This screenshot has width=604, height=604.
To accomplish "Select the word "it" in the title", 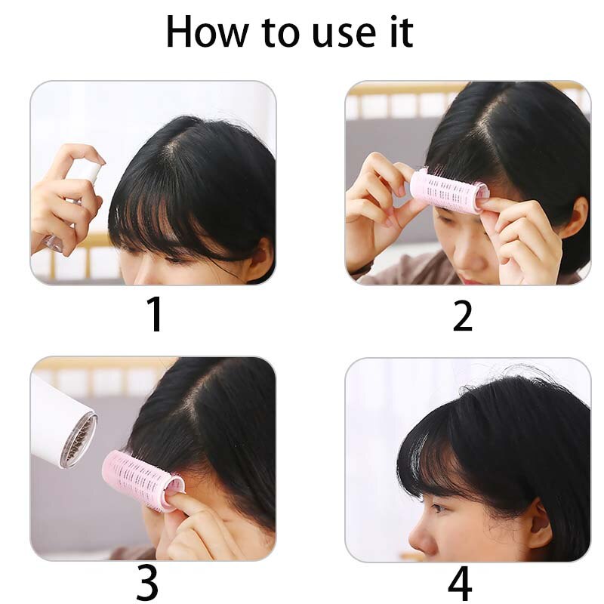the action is point(402,32).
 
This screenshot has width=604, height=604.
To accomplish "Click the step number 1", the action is point(155,314).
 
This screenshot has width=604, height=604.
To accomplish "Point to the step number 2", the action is point(462,315).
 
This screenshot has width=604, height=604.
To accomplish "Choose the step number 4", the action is point(460,583).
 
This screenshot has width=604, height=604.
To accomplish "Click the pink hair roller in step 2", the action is point(448,192).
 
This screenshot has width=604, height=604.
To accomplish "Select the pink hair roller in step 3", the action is point(143,480).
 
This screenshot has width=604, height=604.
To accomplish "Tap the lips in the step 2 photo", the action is point(468,279).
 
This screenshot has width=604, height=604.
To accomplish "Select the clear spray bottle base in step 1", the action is point(53,242).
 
